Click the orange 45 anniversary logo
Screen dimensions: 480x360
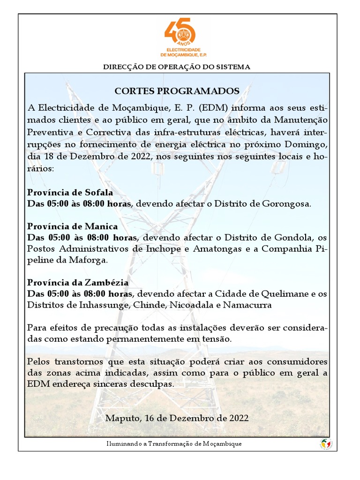pyautogui.click(x=180, y=33)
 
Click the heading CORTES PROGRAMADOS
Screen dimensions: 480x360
pyautogui.click(x=177, y=91)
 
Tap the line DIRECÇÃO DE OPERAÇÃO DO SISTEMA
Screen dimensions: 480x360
pyautogui.click(x=177, y=67)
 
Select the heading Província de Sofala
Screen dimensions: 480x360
pyautogui.click(x=70, y=193)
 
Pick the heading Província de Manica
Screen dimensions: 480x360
pyautogui.click(x=73, y=226)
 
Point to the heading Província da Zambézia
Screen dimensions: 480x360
pyautogui.click(x=78, y=283)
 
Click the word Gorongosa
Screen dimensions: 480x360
pyautogui.click(x=287, y=204)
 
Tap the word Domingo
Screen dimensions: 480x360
pyautogui.click(x=306, y=143)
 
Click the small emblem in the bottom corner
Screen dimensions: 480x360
pyautogui.click(x=326, y=443)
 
